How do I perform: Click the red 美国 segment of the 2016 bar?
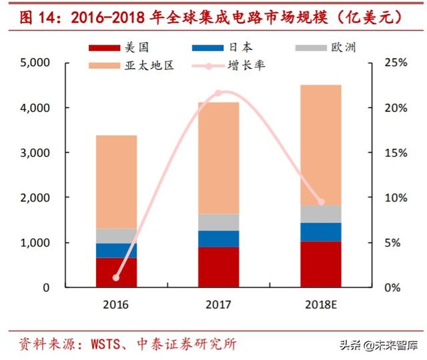117,272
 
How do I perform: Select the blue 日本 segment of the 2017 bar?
218,239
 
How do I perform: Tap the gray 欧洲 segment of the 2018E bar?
320,213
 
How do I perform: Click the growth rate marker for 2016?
117,277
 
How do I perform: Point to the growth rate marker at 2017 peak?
218,93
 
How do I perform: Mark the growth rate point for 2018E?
321,201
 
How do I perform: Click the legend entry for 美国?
120,48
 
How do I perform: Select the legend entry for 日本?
224,48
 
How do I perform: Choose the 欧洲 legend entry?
327,48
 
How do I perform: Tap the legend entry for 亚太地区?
131,67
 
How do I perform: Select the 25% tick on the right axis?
394,63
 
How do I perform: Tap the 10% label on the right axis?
394,198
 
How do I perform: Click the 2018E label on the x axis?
321,305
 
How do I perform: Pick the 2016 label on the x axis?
117,305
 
